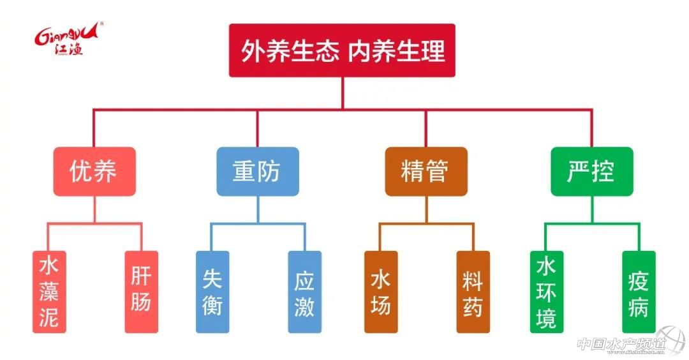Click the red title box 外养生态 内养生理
click(x=342, y=50)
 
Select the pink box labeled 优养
click(x=94, y=171)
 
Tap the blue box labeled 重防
click(x=257, y=171)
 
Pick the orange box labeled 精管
click(x=426, y=171)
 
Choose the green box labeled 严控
click(x=591, y=171)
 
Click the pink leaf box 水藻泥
click(x=49, y=292)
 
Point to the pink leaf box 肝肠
click(x=141, y=292)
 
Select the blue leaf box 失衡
click(x=212, y=292)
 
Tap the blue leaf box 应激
click(x=304, y=292)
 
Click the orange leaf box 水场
click(x=381, y=292)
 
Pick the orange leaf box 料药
click(x=473, y=292)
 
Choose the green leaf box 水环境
click(x=547, y=292)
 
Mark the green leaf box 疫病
click(x=639, y=292)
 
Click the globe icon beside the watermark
click(x=669, y=340)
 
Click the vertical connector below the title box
click(x=342, y=93)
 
